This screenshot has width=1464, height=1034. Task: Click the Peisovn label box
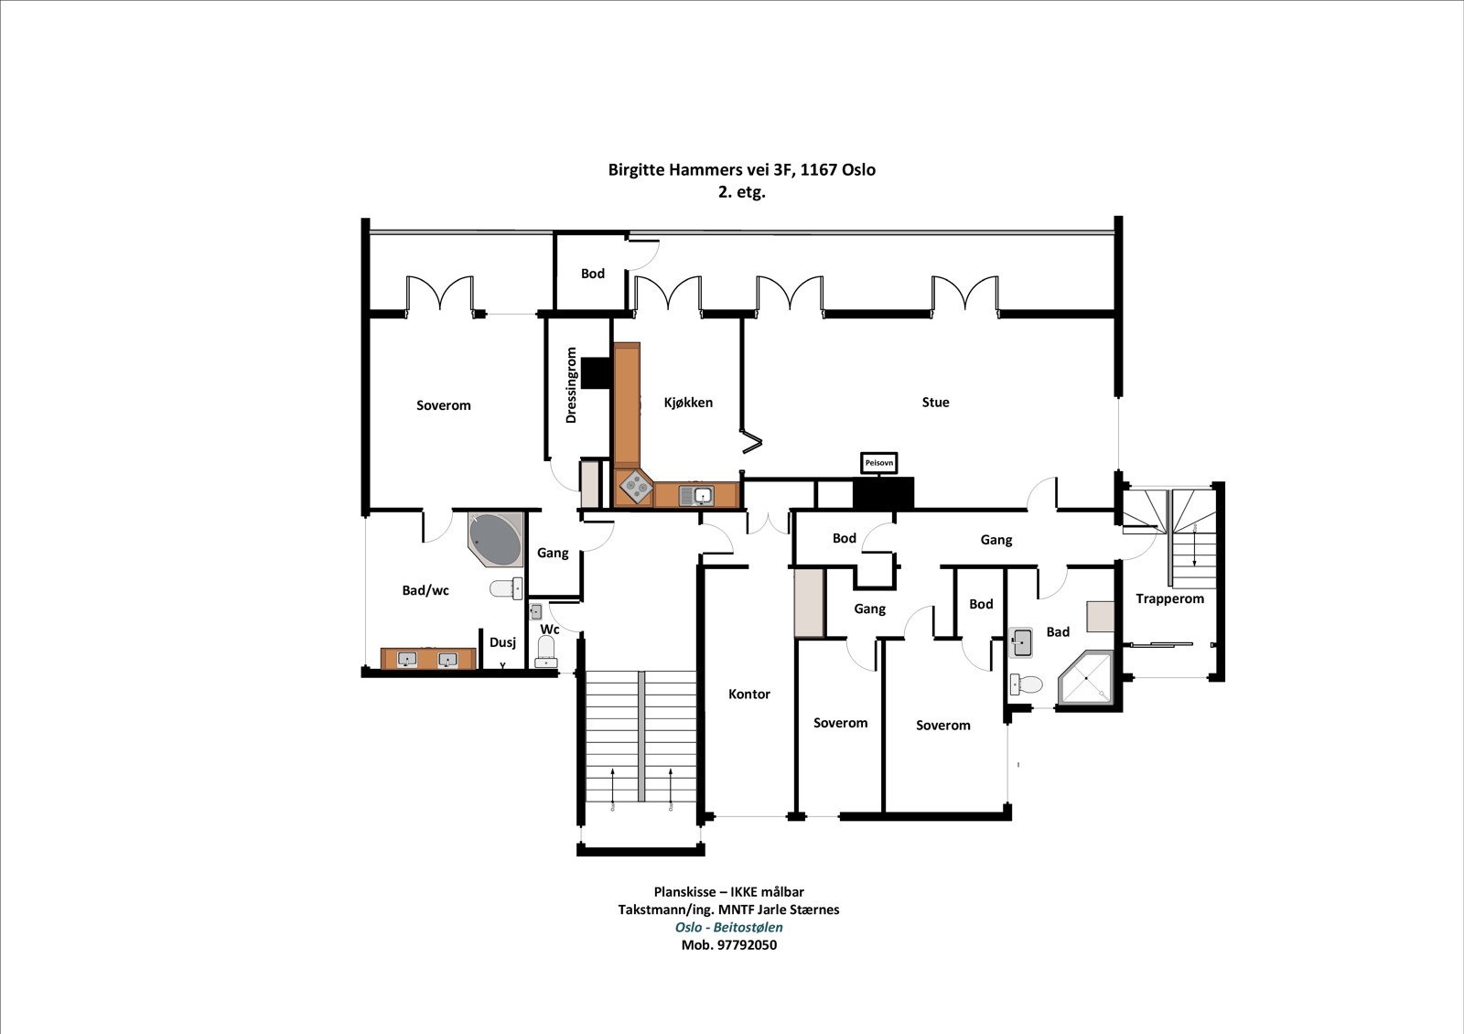[x=878, y=463]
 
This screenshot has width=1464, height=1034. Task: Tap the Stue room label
[x=935, y=402]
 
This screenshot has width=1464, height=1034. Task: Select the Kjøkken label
[x=688, y=402]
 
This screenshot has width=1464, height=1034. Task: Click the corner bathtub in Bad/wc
[x=495, y=537]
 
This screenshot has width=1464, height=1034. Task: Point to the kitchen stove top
[x=633, y=488]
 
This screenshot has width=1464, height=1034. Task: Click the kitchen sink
[x=702, y=495]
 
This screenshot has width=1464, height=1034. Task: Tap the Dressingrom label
[x=572, y=384]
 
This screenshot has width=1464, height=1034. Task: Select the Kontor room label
[x=748, y=694]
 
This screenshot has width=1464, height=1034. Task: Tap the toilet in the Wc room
[x=546, y=651]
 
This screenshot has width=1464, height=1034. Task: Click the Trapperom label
[x=1169, y=598]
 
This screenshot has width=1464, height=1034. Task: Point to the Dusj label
[x=502, y=642]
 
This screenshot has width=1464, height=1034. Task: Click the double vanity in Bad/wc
[x=428, y=659]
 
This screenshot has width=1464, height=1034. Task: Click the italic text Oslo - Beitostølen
[x=728, y=927]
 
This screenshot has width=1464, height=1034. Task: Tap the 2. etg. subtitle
[x=741, y=192]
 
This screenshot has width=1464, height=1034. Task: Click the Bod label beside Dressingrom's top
[x=592, y=274]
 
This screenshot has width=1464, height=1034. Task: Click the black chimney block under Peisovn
[x=883, y=493]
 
